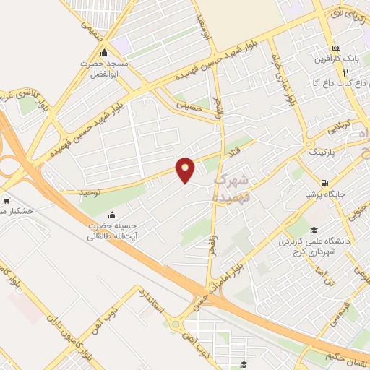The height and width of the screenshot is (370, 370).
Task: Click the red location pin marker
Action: (186, 169)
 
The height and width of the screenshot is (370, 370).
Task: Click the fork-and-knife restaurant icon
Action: (345, 72)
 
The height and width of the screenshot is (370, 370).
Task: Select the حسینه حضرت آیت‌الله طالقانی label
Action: (113, 231)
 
